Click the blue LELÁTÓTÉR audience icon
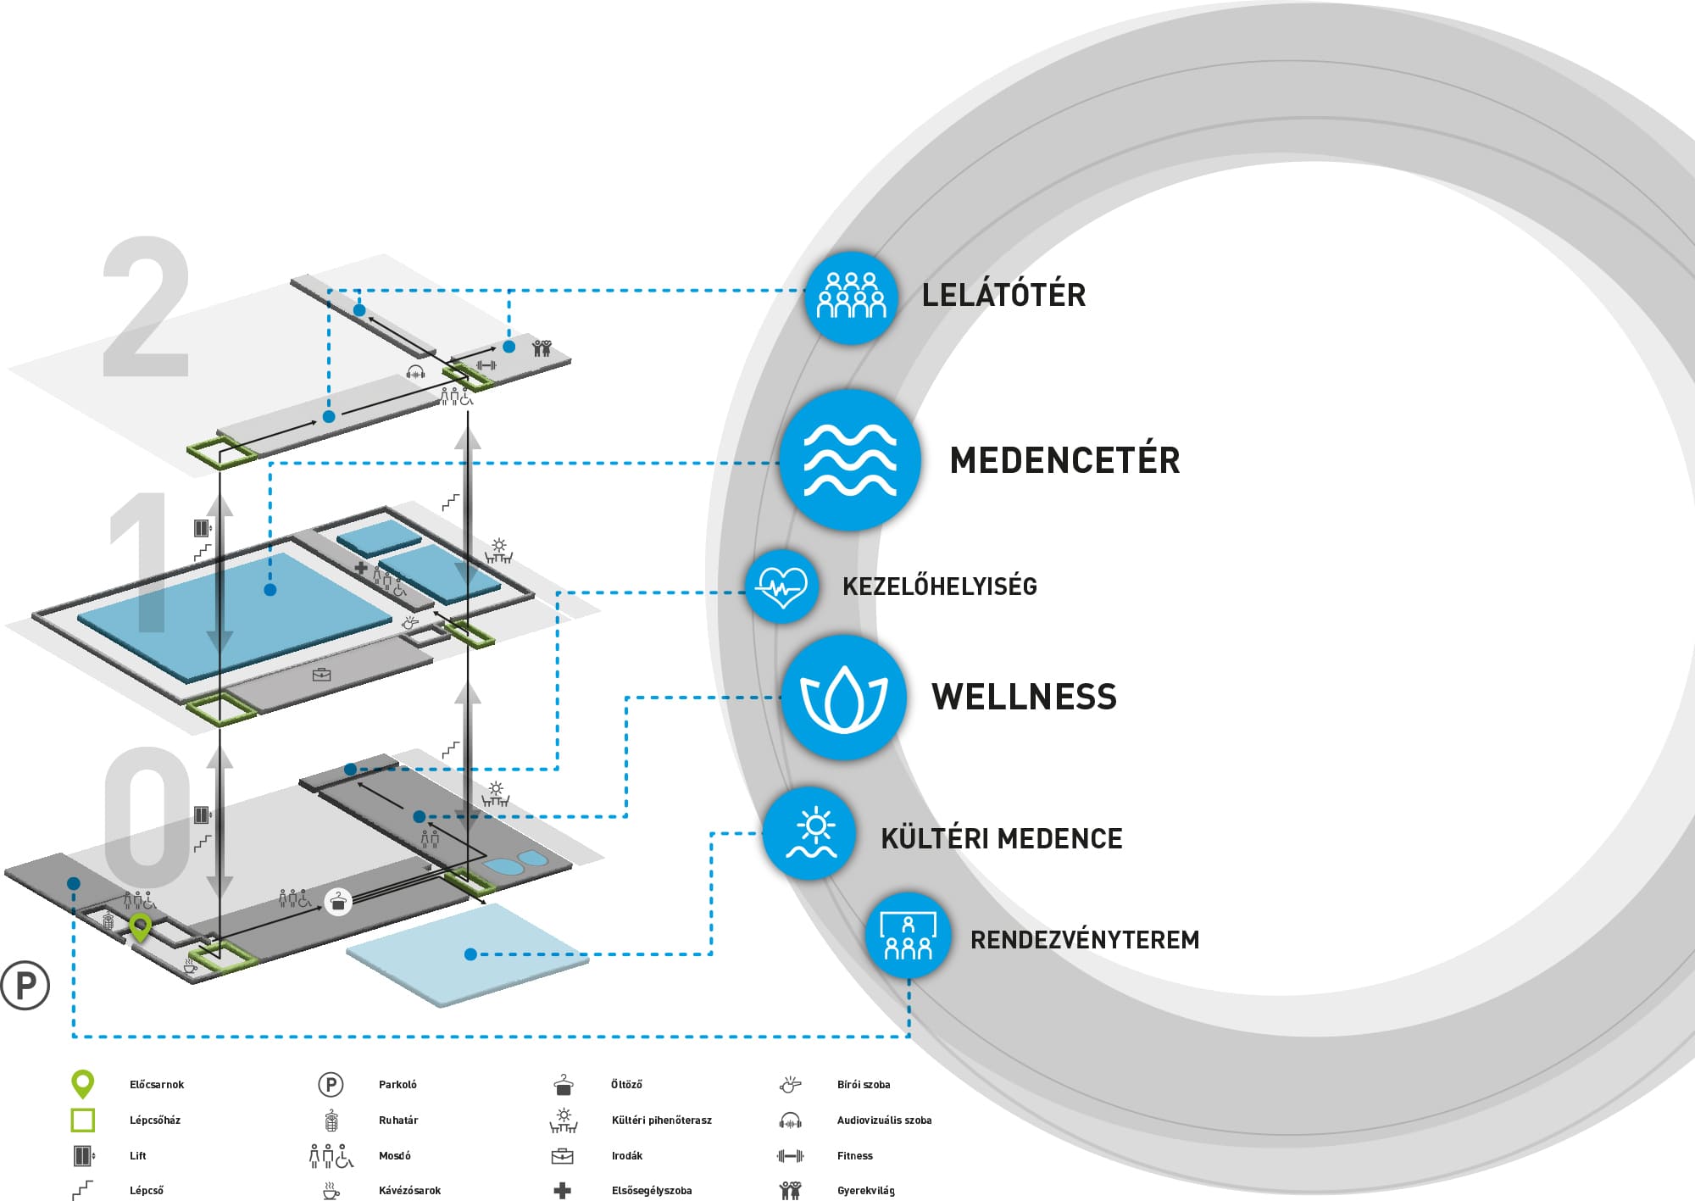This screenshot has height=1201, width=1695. click(x=851, y=297)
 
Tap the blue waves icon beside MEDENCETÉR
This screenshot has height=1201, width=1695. click(x=850, y=460)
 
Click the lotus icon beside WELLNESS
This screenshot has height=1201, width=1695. click(x=843, y=697)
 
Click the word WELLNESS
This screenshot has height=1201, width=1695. click(x=1024, y=697)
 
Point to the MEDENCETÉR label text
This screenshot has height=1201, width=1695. click(x=1064, y=460)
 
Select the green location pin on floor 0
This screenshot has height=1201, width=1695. click(x=140, y=926)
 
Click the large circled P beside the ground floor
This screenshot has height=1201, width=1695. click(x=25, y=985)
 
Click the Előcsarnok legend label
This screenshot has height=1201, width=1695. click(x=157, y=1085)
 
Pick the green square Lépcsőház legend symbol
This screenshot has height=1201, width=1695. click(x=83, y=1120)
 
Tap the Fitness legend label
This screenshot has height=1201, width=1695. click(x=854, y=1155)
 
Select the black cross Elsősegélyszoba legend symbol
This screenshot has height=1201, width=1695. click(x=562, y=1190)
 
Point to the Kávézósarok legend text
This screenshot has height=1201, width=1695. click(x=409, y=1190)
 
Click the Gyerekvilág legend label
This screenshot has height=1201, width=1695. click(x=865, y=1190)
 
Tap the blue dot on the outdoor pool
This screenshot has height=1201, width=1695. click(x=471, y=954)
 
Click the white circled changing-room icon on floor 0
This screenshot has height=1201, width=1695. click(x=338, y=900)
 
